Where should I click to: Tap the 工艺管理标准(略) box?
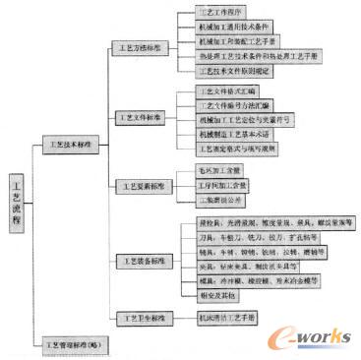74,346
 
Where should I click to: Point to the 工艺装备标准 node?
142,261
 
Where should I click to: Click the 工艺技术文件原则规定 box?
232,72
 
